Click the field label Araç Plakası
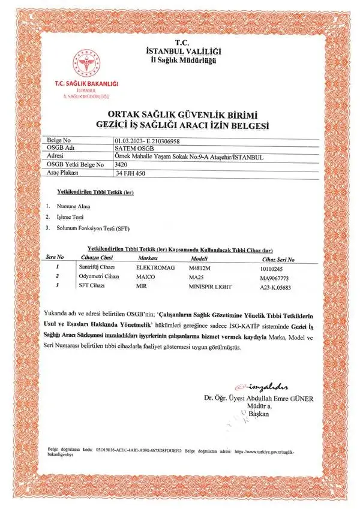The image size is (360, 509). point(64,173)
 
